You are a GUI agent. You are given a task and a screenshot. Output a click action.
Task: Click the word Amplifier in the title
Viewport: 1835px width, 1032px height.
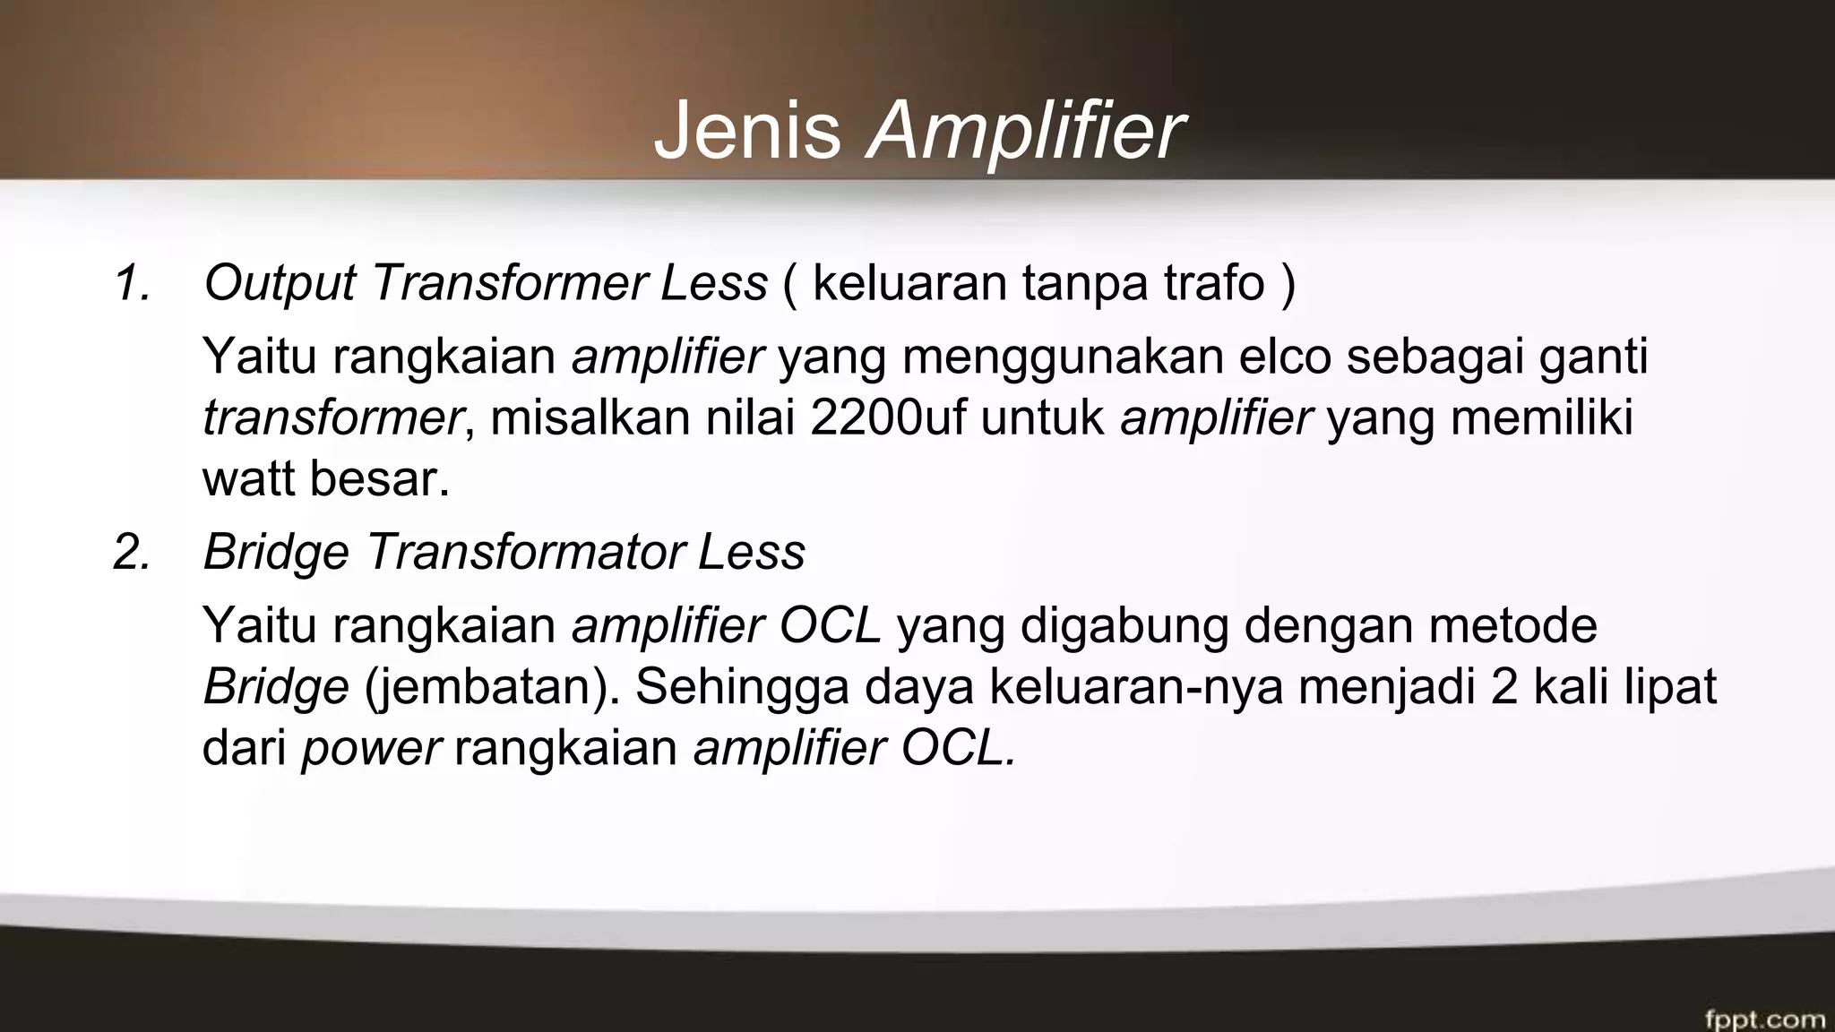[x=1025, y=133]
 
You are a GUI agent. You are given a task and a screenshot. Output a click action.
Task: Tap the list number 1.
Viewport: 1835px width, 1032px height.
[x=132, y=284]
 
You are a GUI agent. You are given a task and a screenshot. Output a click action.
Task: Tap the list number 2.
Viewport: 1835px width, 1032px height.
[x=132, y=552]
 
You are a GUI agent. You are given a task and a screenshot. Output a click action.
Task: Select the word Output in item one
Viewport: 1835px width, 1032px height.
[x=280, y=284]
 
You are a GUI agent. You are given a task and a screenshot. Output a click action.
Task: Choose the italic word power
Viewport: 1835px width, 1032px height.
[x=371, y=749]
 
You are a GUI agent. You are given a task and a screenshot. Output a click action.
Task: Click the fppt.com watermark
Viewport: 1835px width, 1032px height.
[x=1764, y=1019]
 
